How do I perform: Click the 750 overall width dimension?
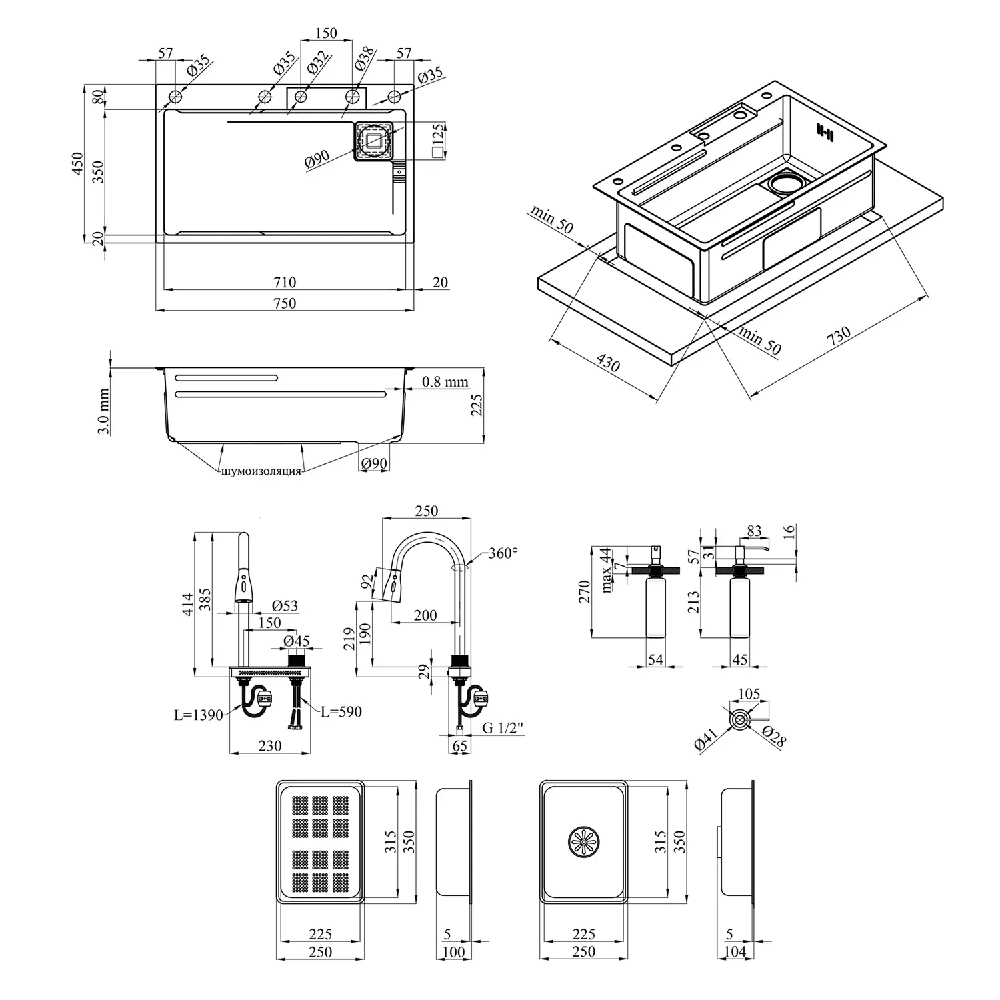tap(284, 303)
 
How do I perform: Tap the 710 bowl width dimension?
tap(284, 283)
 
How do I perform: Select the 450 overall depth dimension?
tap(77, 164)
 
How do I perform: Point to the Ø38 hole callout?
tap(364, 60)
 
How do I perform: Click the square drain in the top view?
tap(373, 141)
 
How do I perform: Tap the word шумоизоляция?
tap(261, 471)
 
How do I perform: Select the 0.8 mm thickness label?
tap(445, 383)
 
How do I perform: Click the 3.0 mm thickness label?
tap(103, 412)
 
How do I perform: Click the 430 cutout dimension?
tap(607, 363)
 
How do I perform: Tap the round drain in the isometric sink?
tap(787, 183)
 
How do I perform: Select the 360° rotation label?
tap(503, 553)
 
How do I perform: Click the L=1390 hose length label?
tap(199, 716)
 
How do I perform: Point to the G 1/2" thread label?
tap(503, 727)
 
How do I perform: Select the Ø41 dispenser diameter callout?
tap(706, 740)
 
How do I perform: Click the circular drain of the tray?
tap(583, 842)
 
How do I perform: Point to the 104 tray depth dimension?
tap(735, 952)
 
